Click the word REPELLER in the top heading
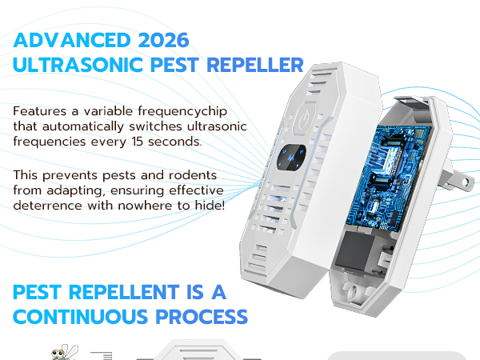click(255, 65)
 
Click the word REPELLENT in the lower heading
click(139, 290)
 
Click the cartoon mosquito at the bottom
click(60, 352)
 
